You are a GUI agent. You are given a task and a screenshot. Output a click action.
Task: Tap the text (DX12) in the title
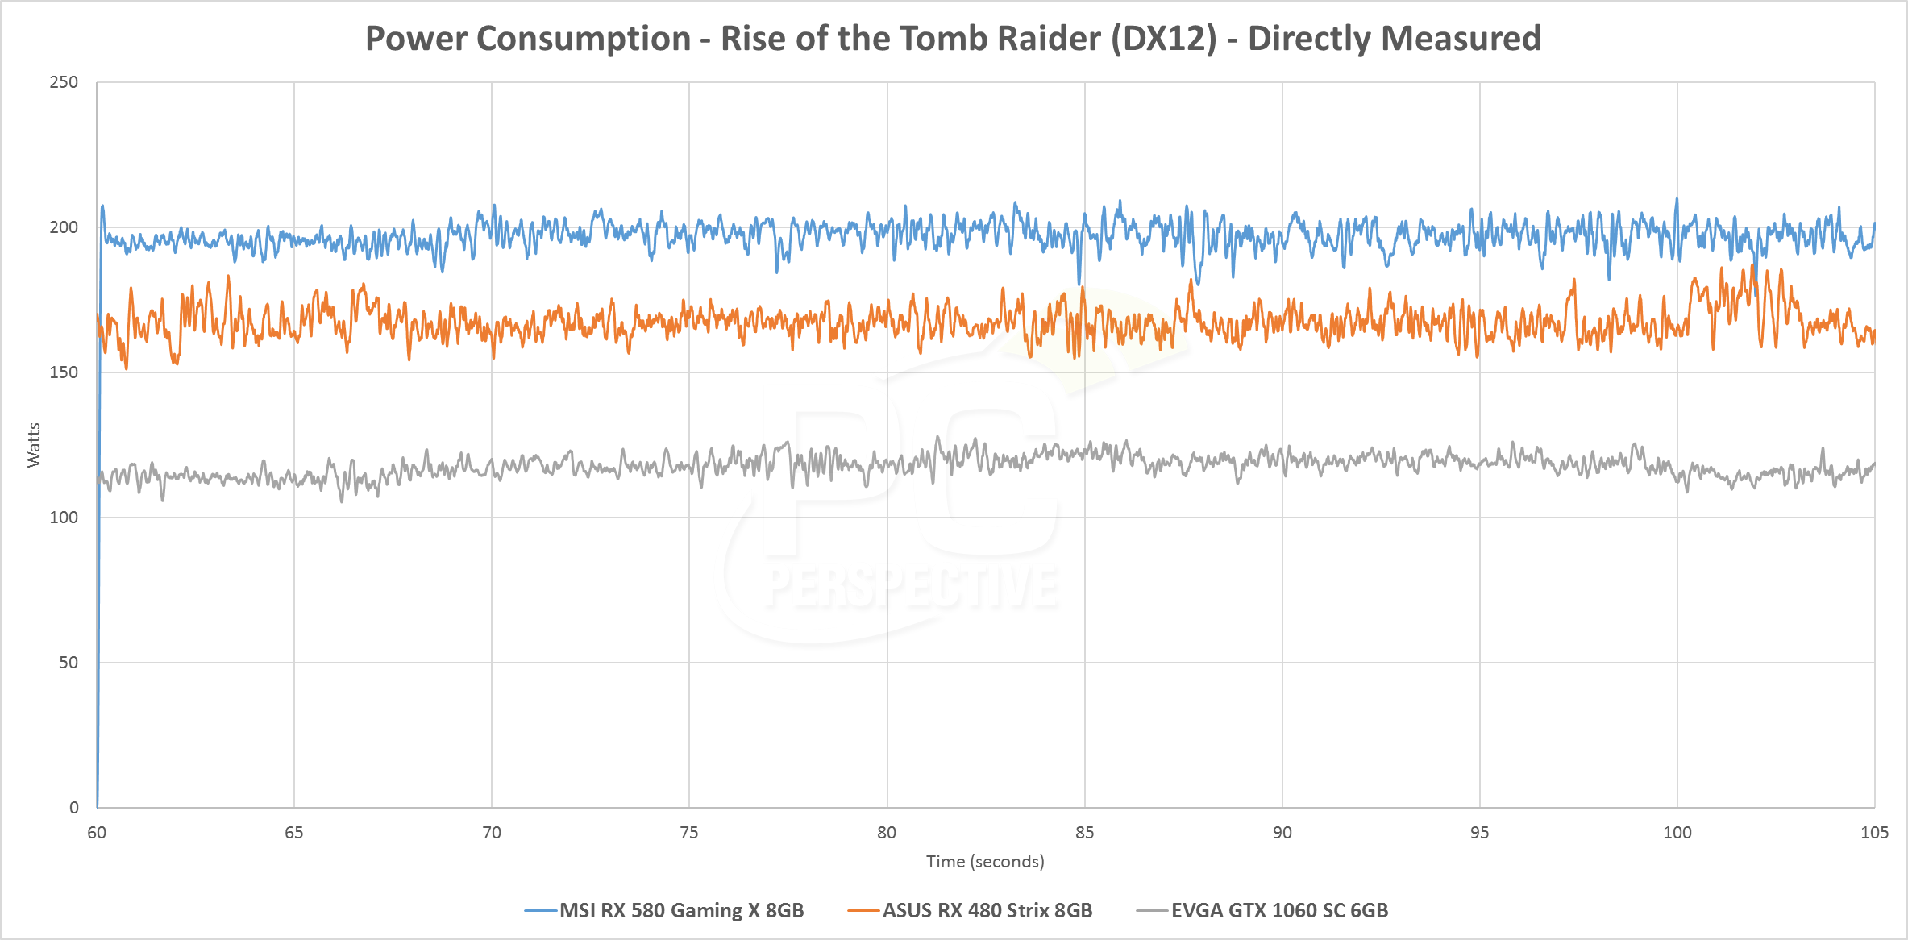pos(1163,39)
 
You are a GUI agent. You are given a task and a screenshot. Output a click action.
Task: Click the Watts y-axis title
pos(34,445)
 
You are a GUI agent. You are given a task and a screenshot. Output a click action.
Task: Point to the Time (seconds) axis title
pos(985,862)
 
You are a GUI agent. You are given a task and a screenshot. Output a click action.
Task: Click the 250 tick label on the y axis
pos(64,82)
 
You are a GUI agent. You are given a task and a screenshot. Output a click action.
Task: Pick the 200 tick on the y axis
pos(64,227)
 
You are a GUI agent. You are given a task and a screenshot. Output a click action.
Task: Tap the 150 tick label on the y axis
pos(64,372)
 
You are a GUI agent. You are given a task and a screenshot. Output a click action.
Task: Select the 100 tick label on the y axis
pos(64,518)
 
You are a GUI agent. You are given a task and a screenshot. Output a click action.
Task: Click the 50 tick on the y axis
pos(69,663)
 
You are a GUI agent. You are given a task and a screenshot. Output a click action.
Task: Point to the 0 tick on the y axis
pos(73,808)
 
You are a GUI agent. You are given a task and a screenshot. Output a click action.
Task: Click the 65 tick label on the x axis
pos(294,833)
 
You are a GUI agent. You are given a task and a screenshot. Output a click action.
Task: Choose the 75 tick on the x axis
pos(689,833)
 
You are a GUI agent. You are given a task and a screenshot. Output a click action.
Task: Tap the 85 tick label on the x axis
pos(1085,833)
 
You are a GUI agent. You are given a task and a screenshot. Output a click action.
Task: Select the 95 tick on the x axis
pos(1480,833)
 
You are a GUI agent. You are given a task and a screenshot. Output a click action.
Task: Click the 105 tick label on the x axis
pos(1875,833)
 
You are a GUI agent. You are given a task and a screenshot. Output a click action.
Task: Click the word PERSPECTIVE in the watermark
pos(912,587)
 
